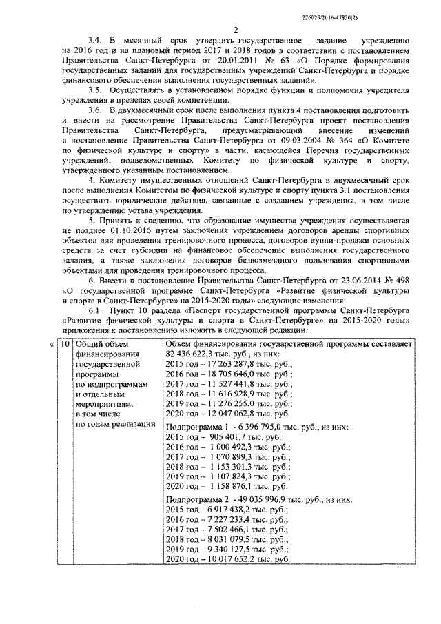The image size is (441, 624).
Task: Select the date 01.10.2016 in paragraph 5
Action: click(x=106, y=232)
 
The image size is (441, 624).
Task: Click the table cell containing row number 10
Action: click(x=63, y=343)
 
